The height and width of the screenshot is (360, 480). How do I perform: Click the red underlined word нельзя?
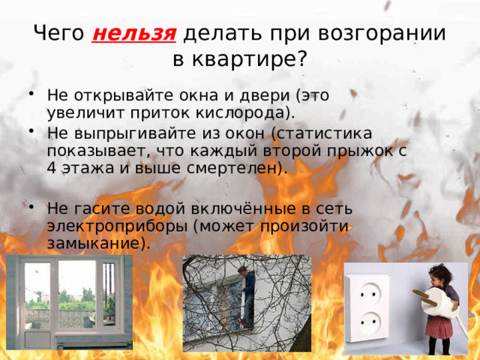134,34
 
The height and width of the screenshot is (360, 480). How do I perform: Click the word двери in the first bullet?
263,96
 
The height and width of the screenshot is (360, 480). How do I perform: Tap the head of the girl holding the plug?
438,273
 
